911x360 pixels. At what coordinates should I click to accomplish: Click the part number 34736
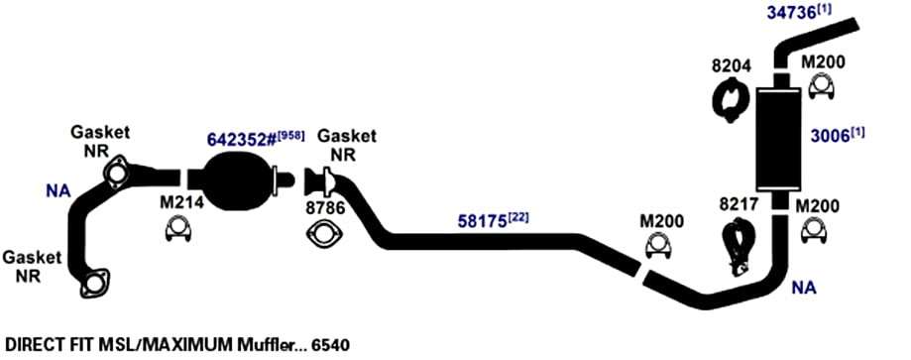coord(791,12)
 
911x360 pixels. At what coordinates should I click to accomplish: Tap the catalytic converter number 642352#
coord(241,140)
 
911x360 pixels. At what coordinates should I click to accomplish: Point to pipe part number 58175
coord(482,221)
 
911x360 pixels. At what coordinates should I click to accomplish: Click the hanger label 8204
coord(732,65)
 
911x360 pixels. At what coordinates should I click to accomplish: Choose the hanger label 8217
coord(740,204)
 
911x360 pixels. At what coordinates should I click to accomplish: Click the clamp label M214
coord(181,202)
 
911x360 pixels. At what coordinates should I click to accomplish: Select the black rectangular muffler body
coord(778,142)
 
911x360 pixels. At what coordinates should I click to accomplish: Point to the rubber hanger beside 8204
coord(731,100)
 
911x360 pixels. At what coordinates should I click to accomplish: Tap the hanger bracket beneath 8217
coord(736,245)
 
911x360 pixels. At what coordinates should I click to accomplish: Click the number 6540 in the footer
coord(330,345)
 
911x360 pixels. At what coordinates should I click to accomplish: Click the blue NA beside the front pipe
coord(58,190)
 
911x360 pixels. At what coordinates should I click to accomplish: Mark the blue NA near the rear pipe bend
coord(804,288)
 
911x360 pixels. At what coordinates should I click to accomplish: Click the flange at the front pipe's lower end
coord(94,284)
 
